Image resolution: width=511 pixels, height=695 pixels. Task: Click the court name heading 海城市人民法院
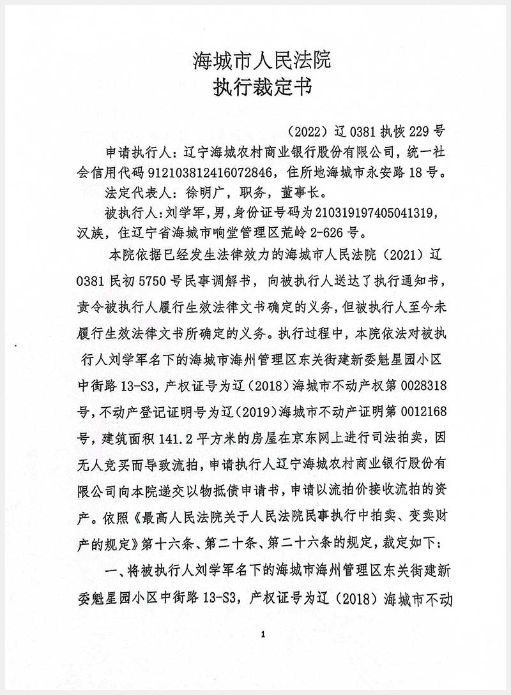(x=262, y=61)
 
